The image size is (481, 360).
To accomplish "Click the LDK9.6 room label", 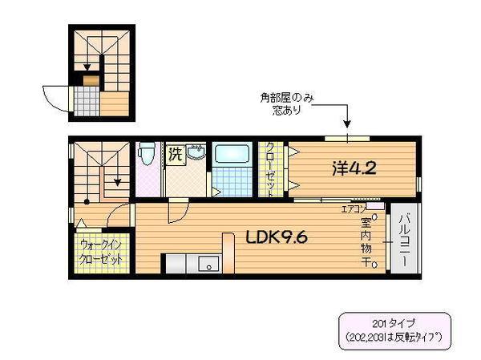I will click(x=271, y=237).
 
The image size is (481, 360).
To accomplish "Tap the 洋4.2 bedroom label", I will click(x=354, y=169).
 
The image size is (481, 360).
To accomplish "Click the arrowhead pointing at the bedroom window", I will click(x=348, y=125).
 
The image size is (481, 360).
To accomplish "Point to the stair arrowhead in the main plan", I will click(x=119, y=183).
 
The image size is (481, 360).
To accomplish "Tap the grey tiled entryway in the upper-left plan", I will click(x=84, y=100).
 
